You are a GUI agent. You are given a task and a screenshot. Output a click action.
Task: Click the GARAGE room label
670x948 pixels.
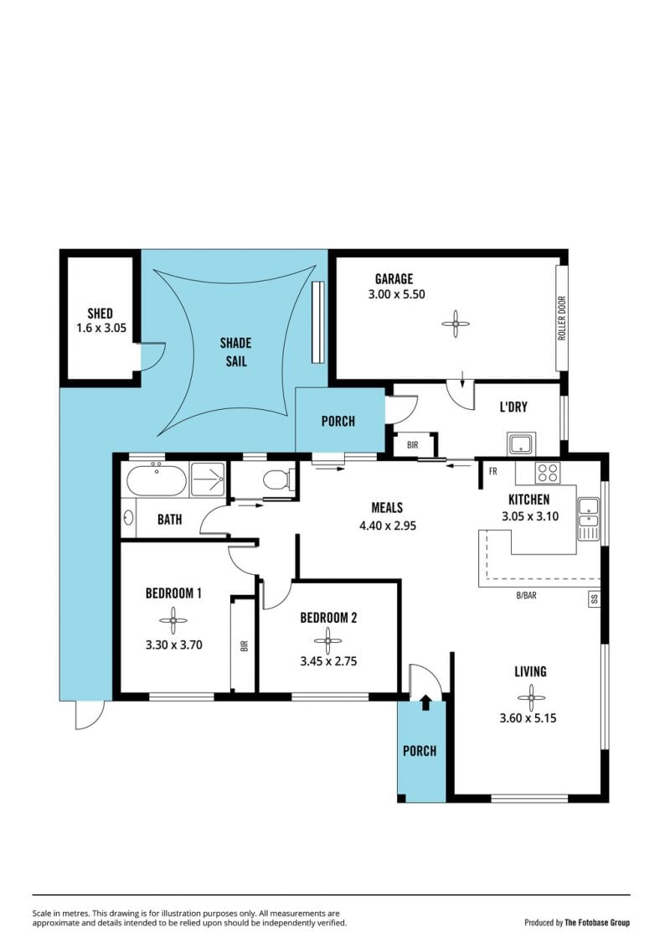click(x=394, y=279)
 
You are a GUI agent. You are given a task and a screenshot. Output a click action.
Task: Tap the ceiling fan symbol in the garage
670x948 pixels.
click(x=455, y=324)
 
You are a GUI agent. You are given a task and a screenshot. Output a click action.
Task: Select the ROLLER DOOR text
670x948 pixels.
click(x=561, y=318)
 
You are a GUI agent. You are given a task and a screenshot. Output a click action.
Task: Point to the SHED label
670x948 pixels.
click(x=100, y=313)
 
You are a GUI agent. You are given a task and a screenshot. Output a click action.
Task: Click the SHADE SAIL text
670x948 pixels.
click(x=235, y=352)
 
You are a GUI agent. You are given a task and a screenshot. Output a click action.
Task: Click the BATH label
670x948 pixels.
click(x=170, y=520)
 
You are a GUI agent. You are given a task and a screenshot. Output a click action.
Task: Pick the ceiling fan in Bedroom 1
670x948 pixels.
click(x=173, y=620)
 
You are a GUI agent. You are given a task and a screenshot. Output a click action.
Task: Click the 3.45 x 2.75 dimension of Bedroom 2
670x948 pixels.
click(x=328, y=661)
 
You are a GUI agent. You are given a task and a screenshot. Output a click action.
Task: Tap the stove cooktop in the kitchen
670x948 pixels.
click(x=548, y=473)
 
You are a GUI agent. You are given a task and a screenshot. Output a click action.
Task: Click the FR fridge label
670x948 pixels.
click(x=493, y=472)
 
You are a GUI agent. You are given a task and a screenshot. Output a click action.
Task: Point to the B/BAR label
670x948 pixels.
click(x=526, y=595)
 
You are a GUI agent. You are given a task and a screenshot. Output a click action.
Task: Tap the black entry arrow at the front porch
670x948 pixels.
click(x=426, y=702)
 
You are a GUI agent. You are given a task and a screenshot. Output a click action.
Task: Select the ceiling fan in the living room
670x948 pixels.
click(x=531, y=697)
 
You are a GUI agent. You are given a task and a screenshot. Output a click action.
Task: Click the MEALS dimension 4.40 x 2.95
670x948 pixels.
click(x=388, y=526)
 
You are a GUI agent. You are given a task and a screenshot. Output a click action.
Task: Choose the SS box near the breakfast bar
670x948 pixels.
click(x=595, y=599)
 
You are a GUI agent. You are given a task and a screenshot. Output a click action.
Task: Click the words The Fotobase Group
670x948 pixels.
click(x=597, y=923)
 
